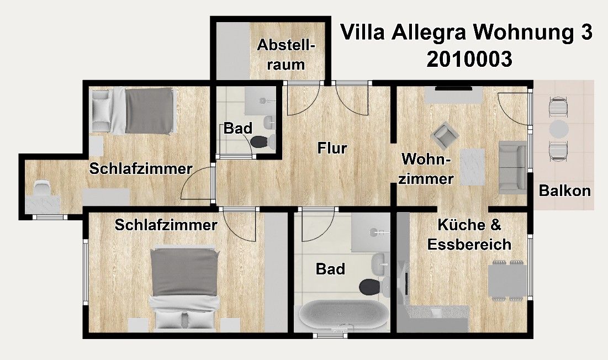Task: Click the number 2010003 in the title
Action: pos(469,60)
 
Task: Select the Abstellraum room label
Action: pos(286,54)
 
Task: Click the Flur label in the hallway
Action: pos(332,148)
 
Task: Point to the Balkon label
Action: pos(565,191)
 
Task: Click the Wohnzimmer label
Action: pos(427,169)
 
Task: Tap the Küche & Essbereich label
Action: pos(469,235)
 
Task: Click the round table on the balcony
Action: pos(559,129)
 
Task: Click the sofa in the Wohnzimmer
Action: pos(512,167)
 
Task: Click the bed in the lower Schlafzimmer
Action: pos(184,287)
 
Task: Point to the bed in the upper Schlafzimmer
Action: pos(141,110)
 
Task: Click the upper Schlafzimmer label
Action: pos(140,169)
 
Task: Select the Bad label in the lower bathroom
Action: pos(330,269)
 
